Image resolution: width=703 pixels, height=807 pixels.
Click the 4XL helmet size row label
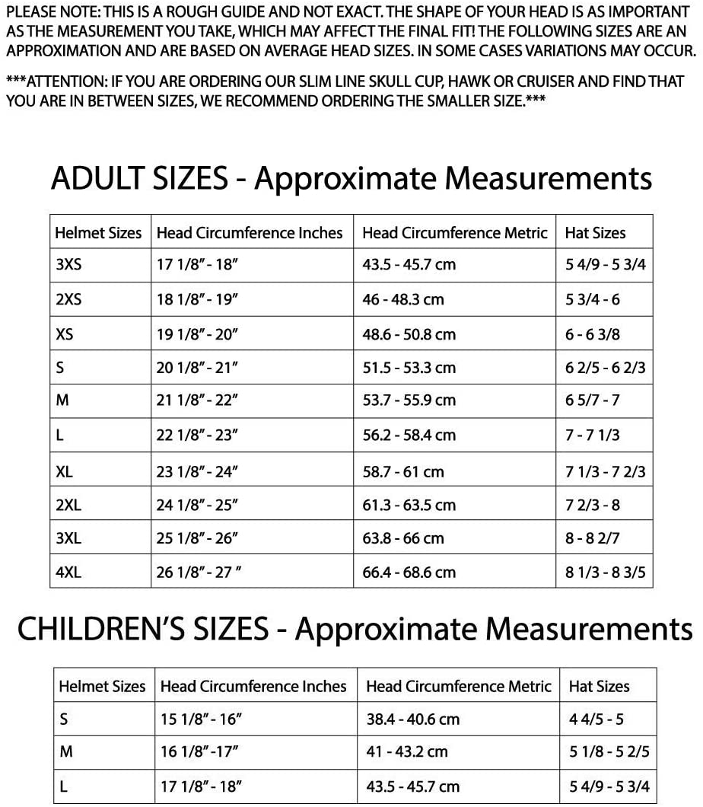click(68, 572)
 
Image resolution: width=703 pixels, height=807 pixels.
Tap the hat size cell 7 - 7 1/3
click(593, 435)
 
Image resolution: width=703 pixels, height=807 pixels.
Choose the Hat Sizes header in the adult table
click(595, 233)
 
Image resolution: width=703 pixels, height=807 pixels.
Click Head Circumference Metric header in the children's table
click(458, 686)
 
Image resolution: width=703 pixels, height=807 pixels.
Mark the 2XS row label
click(68, 300)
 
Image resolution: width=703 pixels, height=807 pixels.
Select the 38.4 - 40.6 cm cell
click(413, 719)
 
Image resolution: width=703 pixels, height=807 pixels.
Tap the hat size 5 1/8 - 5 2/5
click(609, 752)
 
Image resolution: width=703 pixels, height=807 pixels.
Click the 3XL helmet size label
click(68, 538)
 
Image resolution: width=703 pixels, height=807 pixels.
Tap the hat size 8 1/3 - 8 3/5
click(605, 572)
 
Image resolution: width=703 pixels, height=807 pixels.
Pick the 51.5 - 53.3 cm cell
click(409, 368)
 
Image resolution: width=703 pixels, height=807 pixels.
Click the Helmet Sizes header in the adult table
click(98, 233)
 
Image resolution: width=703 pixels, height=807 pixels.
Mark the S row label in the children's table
click(65, 719)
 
